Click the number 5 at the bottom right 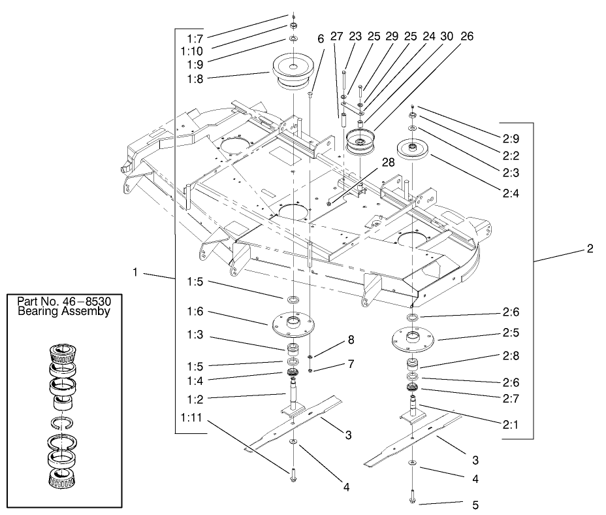[475, 505]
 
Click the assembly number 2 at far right [590, 249]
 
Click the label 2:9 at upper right [511, 139]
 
